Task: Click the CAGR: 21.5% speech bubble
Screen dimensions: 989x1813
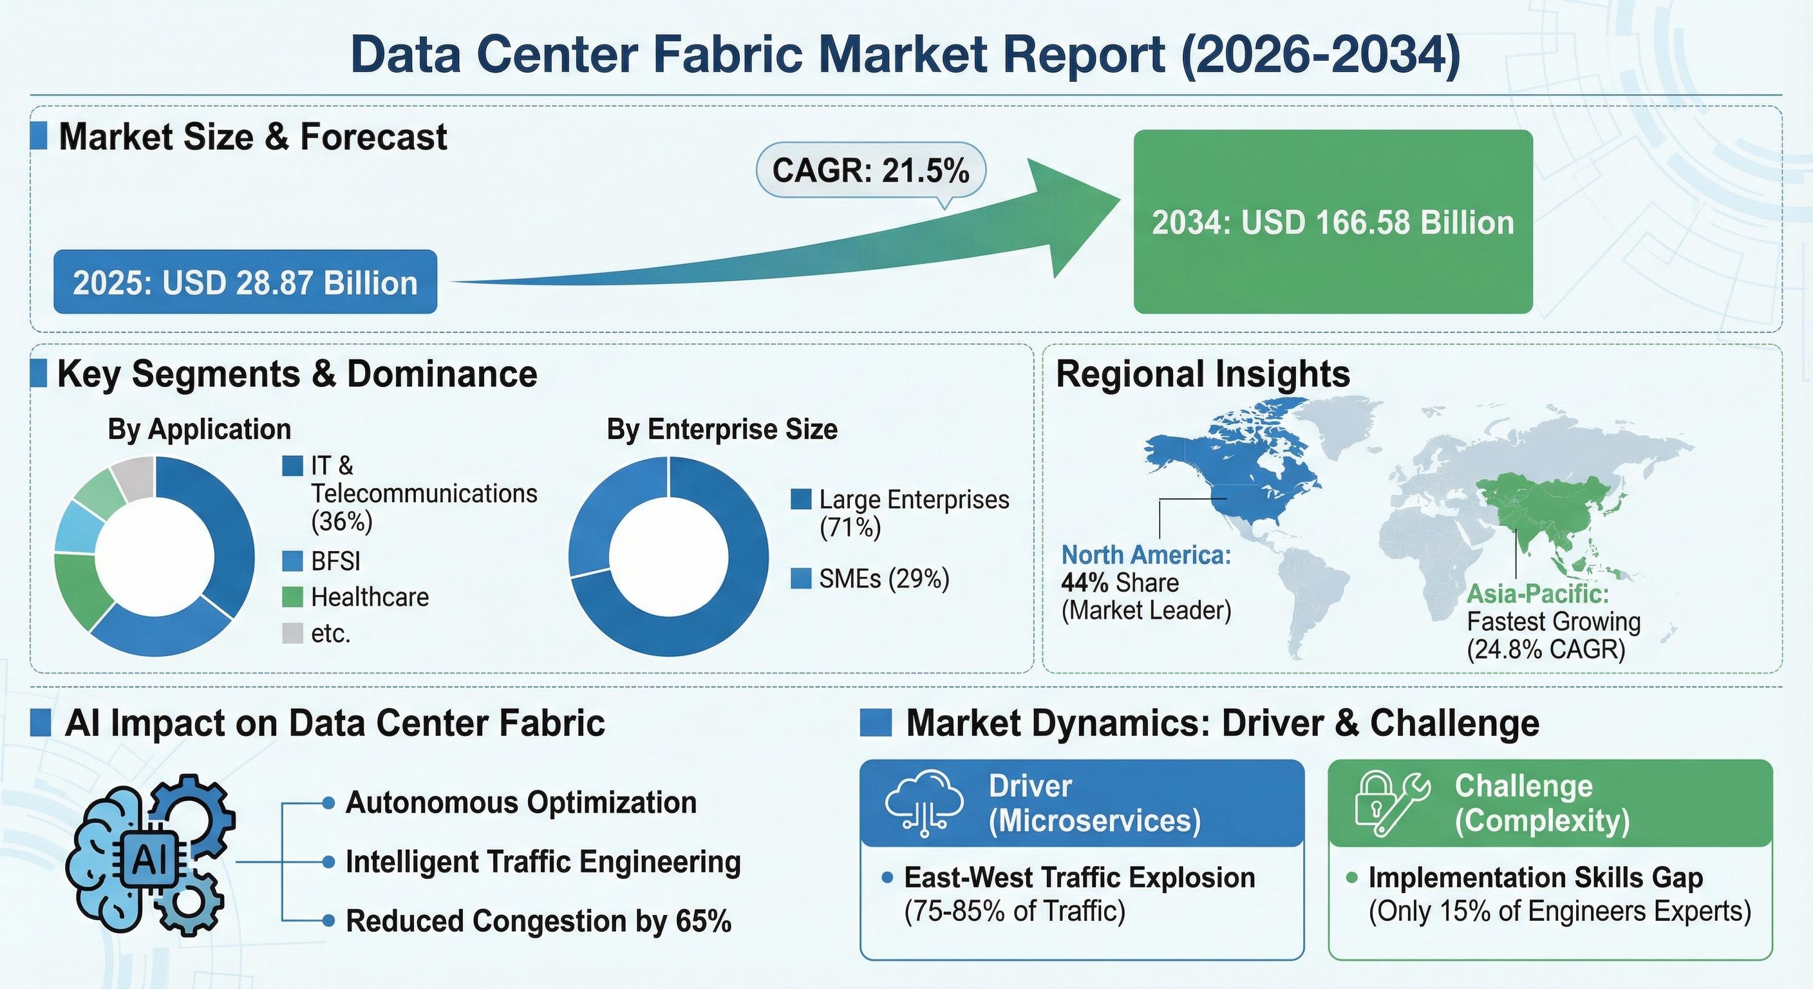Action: (x=870, y=171)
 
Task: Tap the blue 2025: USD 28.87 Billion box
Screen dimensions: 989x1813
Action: (x=245, y=282)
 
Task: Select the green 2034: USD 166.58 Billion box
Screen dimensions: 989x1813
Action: (x=1332, y=221)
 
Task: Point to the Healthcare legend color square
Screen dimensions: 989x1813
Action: (x=292, y=597)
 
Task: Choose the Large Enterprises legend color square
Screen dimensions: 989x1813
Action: (x=800, y=499)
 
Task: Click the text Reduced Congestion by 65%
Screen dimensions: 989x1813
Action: (x=538, y=921)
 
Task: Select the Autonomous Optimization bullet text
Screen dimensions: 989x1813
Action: (x=521, y=802)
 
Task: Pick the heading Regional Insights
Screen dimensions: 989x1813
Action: (x=1203, y=374)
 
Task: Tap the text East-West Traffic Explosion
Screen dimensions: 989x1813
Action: (x=1079, y=878)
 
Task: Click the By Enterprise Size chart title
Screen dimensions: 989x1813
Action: (x=722, y=429)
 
